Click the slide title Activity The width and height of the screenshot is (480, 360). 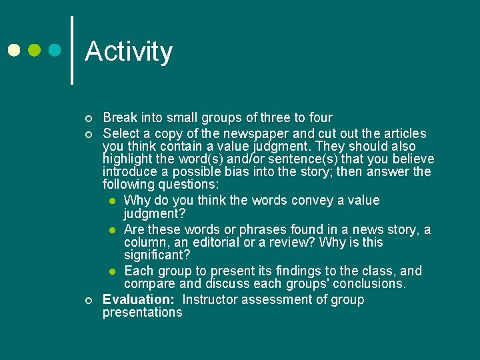click(x=129, y=51)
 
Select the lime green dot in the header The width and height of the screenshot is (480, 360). click(x=35, y=50)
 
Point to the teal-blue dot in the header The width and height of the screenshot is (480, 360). click(x=55, y=50)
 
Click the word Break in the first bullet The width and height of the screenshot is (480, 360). click(x=120, y=118)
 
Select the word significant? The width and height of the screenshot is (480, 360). click(x=157, y=255)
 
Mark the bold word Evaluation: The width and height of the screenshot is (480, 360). click(x=140, y=299)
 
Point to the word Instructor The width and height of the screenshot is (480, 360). click(x=213, y=299)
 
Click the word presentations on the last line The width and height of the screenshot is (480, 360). click(x=142, y=313)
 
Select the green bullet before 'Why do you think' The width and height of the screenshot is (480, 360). click(x=114, y=201)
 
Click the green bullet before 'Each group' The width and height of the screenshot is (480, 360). click(x=114, y=271)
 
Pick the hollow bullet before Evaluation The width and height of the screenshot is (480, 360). click(x=89, y=300)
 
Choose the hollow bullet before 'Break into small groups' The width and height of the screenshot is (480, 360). click(x=89, y=119)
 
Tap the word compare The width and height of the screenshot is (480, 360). click(x=148, y=284)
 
